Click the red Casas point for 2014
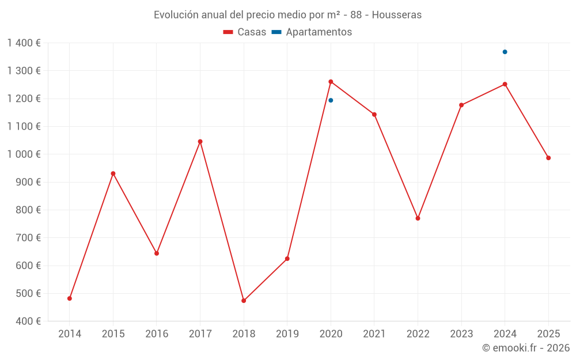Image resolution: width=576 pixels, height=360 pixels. point(70,298)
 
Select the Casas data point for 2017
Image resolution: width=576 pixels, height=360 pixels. point(200,142)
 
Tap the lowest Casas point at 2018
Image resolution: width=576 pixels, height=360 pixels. point(244,301)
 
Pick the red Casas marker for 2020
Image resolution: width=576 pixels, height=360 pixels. point(331,82)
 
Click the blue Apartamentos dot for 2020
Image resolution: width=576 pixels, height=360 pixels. point(331,100)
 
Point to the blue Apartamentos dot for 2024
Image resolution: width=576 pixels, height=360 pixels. point(505,52)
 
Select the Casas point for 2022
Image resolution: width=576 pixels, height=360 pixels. point(418,218)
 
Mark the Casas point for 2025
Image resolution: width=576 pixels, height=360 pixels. point(548,158)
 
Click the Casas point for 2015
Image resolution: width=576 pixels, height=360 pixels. point(113,173)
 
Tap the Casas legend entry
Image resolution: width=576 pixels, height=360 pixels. point(245,32)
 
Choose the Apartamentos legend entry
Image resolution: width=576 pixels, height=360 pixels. point(312,32)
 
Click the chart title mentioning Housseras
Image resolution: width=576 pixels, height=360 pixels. point(287,15)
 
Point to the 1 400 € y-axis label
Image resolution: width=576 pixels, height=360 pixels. point(24,43)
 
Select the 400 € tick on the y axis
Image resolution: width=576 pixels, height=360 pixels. point(28,321)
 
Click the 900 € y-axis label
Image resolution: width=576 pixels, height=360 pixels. point(28,182)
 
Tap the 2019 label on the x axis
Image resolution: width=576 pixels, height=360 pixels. point(287,334)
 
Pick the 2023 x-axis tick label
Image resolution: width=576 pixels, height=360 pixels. point(461,334)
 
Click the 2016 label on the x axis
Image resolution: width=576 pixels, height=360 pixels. point(157,334)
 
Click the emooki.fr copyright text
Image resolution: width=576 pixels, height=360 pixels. point(525,348)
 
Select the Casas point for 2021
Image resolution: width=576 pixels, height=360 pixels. point(374,115)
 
